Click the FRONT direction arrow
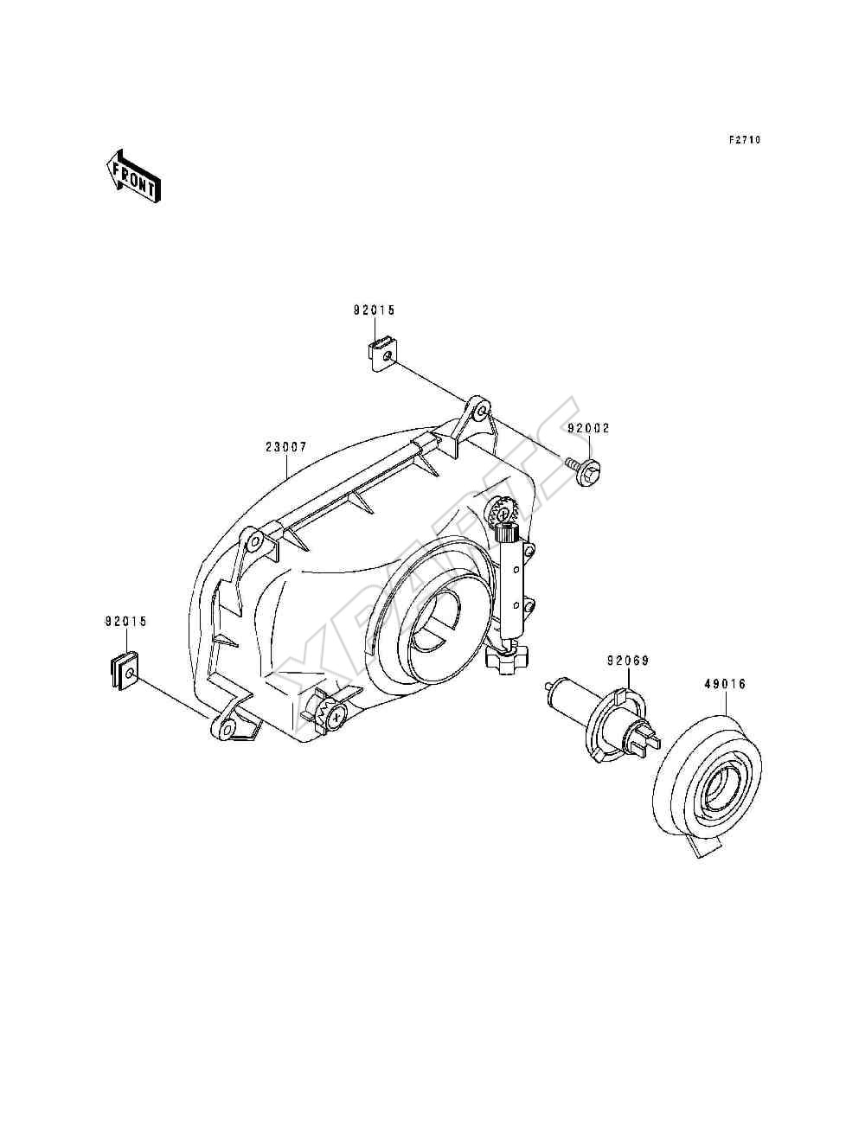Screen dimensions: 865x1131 tap(133, 176)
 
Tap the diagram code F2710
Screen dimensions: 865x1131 tap(744, 139)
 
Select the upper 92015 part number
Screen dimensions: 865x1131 tap(374, 310)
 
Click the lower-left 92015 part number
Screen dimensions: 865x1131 tap(126, 622)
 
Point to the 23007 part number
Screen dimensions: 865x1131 tap(286, 447)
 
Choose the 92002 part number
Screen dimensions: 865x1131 tap(589, 429)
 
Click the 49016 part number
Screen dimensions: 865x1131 tap(725, 685)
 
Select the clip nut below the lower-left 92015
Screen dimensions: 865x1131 tap(125, 671)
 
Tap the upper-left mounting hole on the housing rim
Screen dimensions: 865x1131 tap(254, 542)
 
